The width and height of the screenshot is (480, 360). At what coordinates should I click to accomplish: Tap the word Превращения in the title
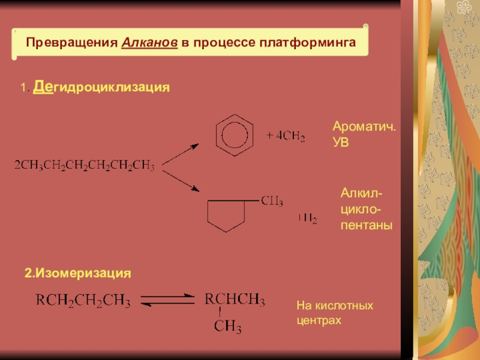click(x=73, y=44)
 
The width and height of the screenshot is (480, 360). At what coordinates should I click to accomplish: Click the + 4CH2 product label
click(x=286, y=137)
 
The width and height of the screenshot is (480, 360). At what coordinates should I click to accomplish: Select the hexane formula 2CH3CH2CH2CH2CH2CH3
click(x=85, y=165)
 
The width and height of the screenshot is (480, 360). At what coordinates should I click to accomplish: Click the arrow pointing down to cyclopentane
click(x=181, y=179)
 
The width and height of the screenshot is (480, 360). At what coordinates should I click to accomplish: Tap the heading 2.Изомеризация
click(x=77, y=273)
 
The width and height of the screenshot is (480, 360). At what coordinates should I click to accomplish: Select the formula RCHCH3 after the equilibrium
click(x=235, y=299)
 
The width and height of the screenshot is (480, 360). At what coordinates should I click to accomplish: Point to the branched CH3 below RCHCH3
click(x=228, y=327)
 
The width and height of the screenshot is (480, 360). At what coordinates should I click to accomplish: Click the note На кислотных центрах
click(x=335, y=313)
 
